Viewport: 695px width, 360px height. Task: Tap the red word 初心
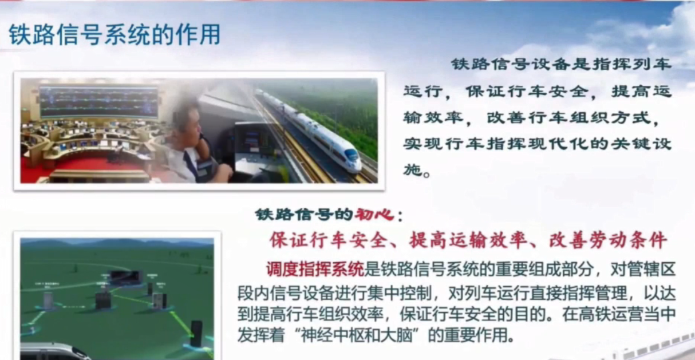tap(374, 214)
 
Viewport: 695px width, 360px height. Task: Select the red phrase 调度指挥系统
tap(315, 269)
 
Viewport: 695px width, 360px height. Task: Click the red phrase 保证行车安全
tap(328, 240)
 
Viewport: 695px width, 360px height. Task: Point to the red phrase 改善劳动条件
tap(607, 240)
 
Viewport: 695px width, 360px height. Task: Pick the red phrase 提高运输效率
tap(468, 240)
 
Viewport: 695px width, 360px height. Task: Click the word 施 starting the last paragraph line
tap(412, 169)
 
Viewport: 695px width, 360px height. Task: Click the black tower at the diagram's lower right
tap(196, 333)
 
